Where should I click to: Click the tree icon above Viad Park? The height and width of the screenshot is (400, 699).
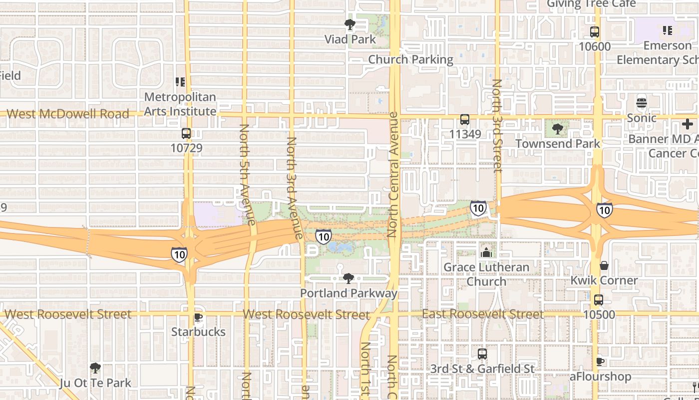350,24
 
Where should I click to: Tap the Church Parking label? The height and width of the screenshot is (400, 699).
410,59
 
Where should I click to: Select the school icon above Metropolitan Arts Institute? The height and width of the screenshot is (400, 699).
180,82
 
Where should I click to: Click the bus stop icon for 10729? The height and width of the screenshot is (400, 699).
186,133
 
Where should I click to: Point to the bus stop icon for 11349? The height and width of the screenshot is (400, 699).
465,119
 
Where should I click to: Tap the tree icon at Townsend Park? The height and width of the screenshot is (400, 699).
558,129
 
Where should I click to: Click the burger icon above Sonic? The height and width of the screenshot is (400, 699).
642,103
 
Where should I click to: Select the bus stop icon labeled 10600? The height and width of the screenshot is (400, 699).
595,32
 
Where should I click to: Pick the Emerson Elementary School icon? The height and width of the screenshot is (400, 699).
668,31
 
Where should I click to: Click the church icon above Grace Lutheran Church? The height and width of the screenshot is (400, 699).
486,252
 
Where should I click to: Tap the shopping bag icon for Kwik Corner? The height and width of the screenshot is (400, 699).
604,265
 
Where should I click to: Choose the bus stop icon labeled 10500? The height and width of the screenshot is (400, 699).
599,300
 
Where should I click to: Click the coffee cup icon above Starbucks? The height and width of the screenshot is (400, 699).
198,317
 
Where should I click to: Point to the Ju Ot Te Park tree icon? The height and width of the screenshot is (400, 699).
95,368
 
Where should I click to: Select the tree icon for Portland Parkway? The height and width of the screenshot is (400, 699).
349,278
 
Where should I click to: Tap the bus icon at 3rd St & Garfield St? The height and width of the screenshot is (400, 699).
482,354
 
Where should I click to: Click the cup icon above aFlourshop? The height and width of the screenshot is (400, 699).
600,361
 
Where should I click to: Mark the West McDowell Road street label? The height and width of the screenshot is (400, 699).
68,114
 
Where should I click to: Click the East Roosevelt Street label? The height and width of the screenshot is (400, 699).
482,314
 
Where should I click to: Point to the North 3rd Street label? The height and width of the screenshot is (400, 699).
497,126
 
